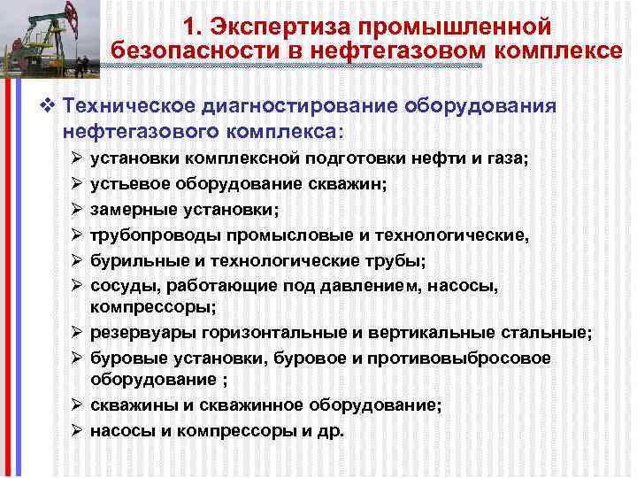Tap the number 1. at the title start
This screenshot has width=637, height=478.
click(196, 27)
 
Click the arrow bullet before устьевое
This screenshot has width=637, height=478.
click(73, 184)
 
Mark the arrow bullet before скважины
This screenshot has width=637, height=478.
click(73, 405)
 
